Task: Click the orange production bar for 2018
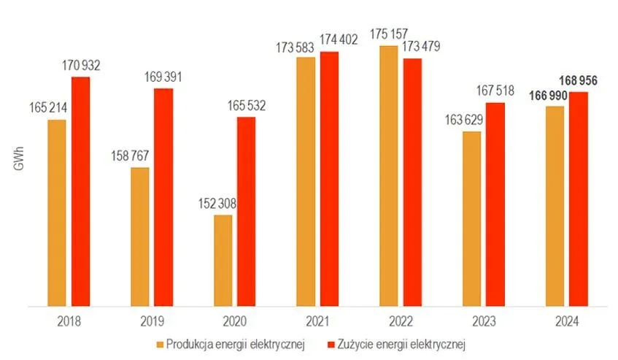point(57,212)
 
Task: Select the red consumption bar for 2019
point(163,197)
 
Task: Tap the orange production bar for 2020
point(223,260)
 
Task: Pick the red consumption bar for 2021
point(330,179)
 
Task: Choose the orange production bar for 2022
point(389,176)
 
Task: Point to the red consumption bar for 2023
point(495,204)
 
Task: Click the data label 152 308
point(220,204)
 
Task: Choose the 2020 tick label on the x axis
point(233,319)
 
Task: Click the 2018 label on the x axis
point(68,319)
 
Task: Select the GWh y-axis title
point(19,165)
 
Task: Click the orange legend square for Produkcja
point(160,342)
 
